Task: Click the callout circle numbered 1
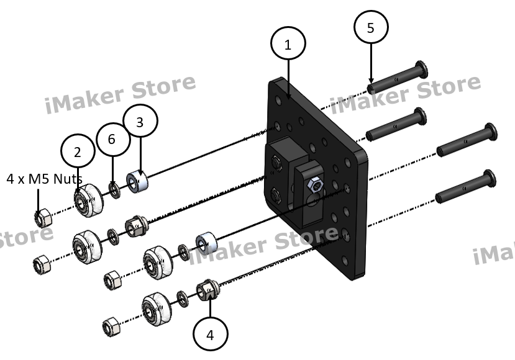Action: coord(288,45)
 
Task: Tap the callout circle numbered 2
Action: coord(77,152)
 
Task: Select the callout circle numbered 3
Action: coord(140,122)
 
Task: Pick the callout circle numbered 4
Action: coord(210,335)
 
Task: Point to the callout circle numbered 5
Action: coord(371,28)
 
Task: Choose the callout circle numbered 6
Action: coord(111,139)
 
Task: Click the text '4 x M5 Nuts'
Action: coord(44,179)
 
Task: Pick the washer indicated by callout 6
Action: coord(115,189)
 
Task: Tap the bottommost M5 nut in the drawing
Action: coord(111,325)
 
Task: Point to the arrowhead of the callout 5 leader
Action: coord(371,82)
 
